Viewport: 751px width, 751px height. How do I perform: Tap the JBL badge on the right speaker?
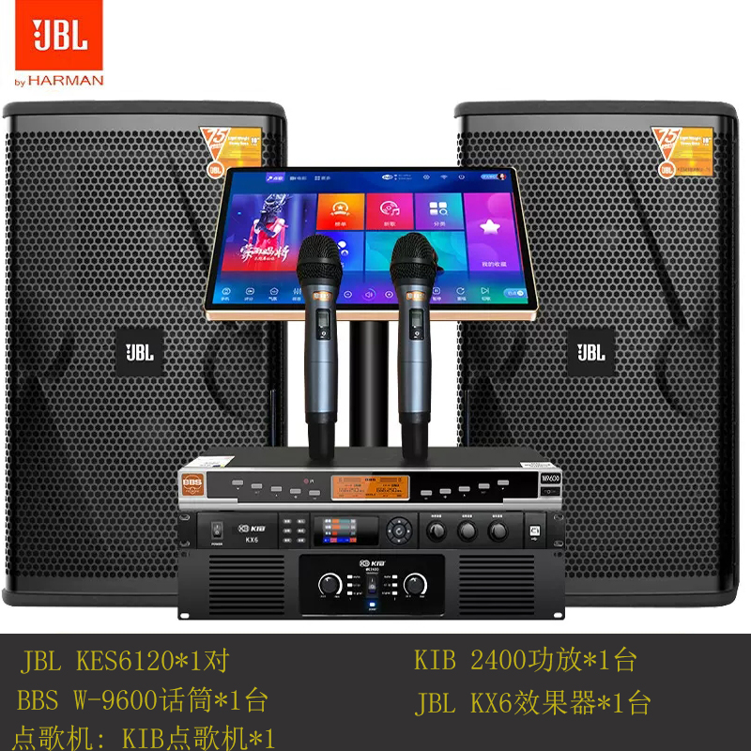click(x=590, y=352)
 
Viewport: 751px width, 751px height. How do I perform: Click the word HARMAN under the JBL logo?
click(x=66, y=81)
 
